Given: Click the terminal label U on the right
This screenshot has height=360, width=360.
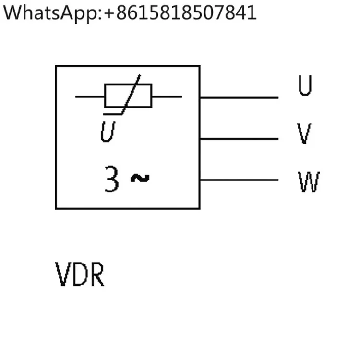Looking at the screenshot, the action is click(305, 85).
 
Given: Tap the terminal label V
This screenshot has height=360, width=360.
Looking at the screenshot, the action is click(304, 133).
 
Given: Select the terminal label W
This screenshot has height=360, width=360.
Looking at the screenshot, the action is click(309, 181).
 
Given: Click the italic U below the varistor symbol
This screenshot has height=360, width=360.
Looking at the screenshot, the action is click(108, 132).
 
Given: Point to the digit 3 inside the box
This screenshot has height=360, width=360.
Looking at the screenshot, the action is click(112, 179).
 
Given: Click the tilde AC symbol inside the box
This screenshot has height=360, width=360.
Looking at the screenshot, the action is click(140, 179).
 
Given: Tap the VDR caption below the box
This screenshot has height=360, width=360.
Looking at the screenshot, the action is click(80, 274).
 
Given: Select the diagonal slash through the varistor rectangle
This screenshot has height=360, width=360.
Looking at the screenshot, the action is click(131, 94).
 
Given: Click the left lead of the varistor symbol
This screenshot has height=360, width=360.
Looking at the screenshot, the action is click(90, 96).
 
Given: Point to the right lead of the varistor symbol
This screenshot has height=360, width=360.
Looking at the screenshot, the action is click(167, 96).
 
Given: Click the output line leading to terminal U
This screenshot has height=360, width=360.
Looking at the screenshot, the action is click(239, 98).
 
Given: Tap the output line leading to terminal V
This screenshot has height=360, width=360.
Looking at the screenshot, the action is click(239, 139).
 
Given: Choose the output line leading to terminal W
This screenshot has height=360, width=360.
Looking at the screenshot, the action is click(239, 180).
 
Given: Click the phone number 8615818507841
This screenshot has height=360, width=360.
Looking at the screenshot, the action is click(186, 12).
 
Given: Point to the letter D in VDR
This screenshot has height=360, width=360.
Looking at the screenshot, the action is click(80, 274).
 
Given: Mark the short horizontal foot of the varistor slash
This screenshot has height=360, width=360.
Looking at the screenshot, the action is click(112, 114).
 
